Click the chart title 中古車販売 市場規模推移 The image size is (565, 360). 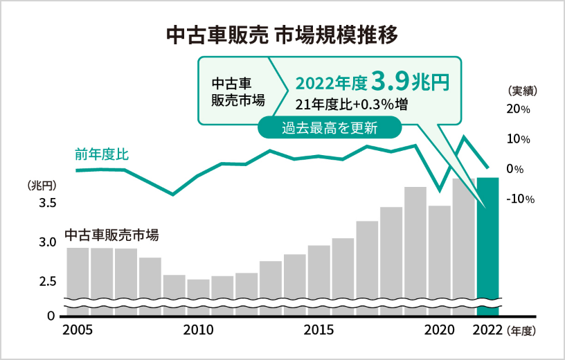click(282, 35)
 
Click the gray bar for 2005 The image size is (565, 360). click(78, 273)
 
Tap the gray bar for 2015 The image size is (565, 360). click(319, 273)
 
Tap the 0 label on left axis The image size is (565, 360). click(51, 316)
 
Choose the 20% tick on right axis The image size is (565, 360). click(518, 109)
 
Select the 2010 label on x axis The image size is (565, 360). click(199, 330)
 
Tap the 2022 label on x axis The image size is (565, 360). click(487, 330)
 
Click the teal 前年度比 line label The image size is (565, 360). click(102, 154)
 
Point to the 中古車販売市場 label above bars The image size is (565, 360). click(111, 235)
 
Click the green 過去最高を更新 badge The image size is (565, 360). click(330, 127)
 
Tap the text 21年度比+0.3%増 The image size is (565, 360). click(351, 105)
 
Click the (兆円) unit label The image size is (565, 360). click(41, 186)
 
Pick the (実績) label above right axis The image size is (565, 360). click(523, 91)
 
